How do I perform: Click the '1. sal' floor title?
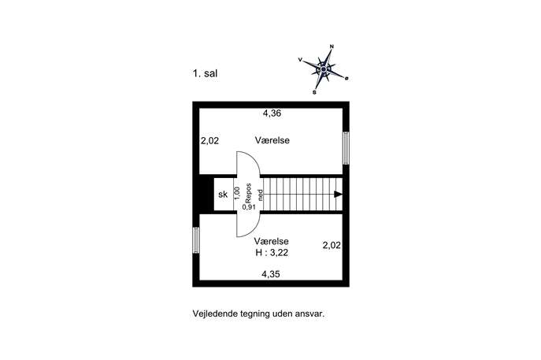[x=205, y=73]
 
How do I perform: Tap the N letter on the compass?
[x=332, y=46]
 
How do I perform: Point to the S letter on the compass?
[x=314, y=92]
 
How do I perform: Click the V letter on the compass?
[x=300, y=60]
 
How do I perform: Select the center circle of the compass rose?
[x=324, y=69]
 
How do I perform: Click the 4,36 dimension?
[x=272, y=113]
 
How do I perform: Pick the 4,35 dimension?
[x=271, y=274]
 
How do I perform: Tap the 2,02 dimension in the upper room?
[x=209, y=141]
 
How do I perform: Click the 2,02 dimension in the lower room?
[x=332, y=246]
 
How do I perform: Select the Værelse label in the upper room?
[x=272, y=140]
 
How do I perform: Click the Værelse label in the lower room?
[x=271, y=241]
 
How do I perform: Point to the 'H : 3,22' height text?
[x=272, y=253]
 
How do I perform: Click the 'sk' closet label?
[x=223, y=195]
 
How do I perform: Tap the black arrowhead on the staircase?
[x=338, y=195]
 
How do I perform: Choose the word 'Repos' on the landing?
[x=248, y=193]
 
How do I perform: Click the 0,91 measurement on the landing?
[x=249, y=207]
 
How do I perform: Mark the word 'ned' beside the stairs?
[x=261, y=195]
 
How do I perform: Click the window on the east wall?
[x=346, y=148]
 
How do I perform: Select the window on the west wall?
[x=195, y=240]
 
